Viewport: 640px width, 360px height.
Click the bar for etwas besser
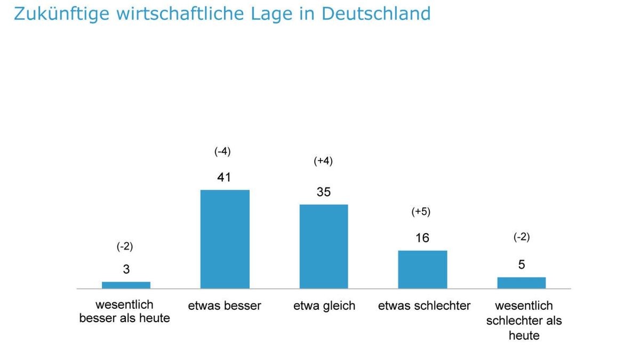click(225, 239)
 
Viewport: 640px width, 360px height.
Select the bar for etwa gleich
click(323, 246)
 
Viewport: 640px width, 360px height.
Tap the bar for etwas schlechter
click(422, 269)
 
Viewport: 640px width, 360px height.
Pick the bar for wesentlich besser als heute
click(126, 285)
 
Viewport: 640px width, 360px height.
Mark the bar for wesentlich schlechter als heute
click(521, 283)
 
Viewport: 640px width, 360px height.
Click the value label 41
click(224, 177)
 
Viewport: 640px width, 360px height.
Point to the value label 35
click(323, 192)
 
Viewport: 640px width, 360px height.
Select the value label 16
click(422, 238)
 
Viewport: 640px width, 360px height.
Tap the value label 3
click(126, 269)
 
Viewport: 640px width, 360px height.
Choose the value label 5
click(521, 265)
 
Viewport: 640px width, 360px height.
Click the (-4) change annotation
click(222, 151)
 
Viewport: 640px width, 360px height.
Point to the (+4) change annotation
click(323, 161)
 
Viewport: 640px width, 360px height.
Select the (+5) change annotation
click(421, 212)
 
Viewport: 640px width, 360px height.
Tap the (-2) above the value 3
click(124, 246)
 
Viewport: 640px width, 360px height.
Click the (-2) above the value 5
click(521, 237)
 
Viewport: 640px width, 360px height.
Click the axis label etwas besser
click(225, 306)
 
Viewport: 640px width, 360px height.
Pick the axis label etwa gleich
click(324, 306)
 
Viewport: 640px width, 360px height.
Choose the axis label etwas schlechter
click(424, 306)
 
